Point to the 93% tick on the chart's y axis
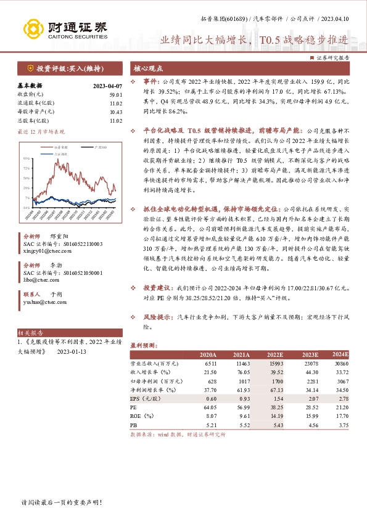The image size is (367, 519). point(27,159)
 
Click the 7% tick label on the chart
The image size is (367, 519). point(28,197)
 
